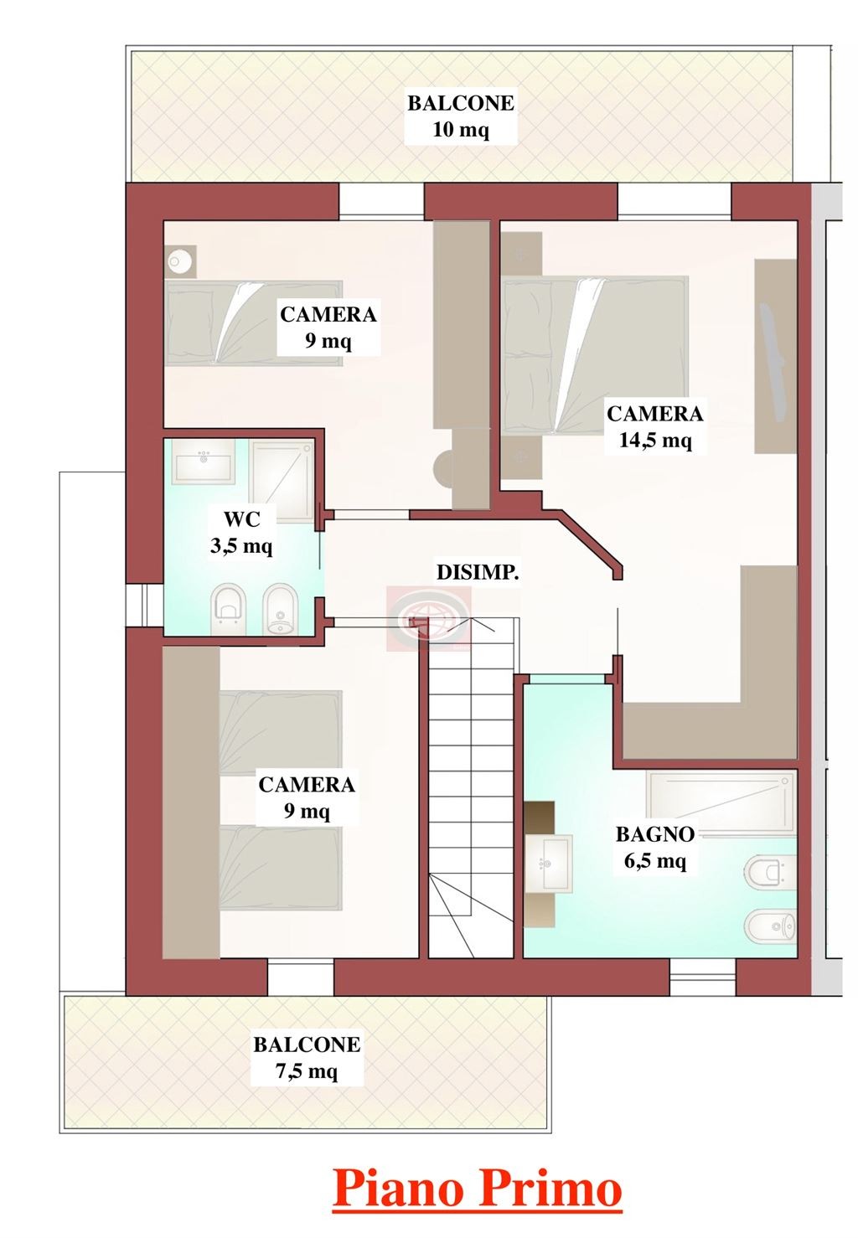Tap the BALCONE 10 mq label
461,116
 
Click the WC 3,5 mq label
241,533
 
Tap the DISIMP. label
478,573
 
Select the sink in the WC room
202,460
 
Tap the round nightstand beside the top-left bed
180,260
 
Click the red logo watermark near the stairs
428,617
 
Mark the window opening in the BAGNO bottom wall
702,978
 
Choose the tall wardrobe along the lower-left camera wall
191,802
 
